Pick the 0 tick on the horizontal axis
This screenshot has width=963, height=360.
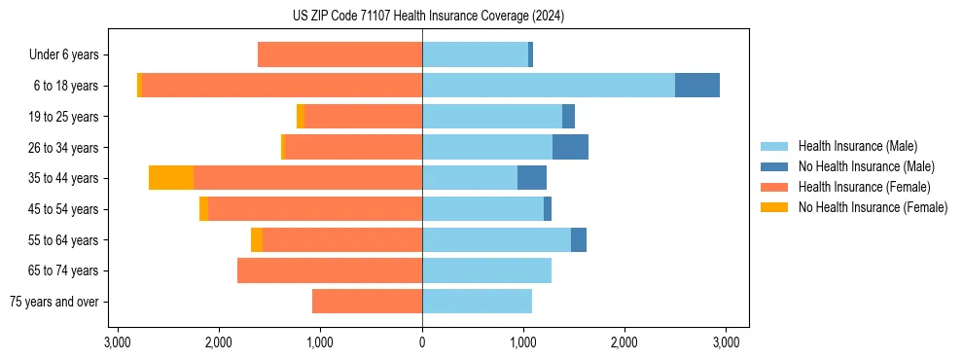pos(422,342)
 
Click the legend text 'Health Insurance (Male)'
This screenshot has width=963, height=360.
pos(857,146)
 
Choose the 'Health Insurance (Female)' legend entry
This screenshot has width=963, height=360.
pos(864,187)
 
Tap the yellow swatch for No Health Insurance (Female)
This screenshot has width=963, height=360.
pos(774,207)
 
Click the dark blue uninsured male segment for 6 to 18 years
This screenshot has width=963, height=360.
pos(697,86)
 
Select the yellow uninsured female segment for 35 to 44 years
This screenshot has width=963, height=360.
pos(171,178)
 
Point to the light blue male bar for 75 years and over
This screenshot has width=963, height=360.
pos(477,302)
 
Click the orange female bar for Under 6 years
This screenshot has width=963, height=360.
pos(339,55)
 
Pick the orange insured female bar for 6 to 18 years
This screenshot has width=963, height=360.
pos(282,86)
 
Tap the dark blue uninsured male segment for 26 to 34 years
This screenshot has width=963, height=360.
pos(570,147)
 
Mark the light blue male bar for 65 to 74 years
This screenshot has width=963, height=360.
pos(486,270)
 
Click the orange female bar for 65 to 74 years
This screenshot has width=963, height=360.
pos(330,270)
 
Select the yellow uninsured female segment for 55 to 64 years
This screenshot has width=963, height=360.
pos(257,240)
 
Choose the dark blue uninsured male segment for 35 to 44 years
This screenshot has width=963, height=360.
pos(532,178)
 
